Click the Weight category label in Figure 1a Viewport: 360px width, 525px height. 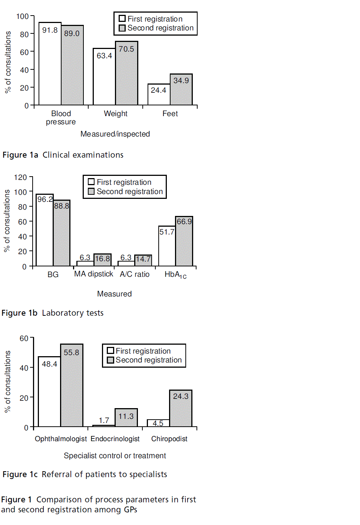pos(116,114)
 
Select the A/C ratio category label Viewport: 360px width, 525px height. pos(135,274)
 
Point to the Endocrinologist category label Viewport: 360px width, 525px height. pos(115,439)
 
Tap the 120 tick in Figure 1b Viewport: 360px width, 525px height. pos(21,177)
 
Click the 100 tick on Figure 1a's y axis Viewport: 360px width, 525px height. pos(22,16)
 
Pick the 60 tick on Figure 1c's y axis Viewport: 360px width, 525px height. pos(24,338)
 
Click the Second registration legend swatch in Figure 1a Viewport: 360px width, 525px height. pos(122,28)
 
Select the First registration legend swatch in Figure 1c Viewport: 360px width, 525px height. pos(110,351)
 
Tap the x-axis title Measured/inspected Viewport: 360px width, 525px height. pos(115,134)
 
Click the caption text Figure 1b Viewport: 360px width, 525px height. pos(19,313)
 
